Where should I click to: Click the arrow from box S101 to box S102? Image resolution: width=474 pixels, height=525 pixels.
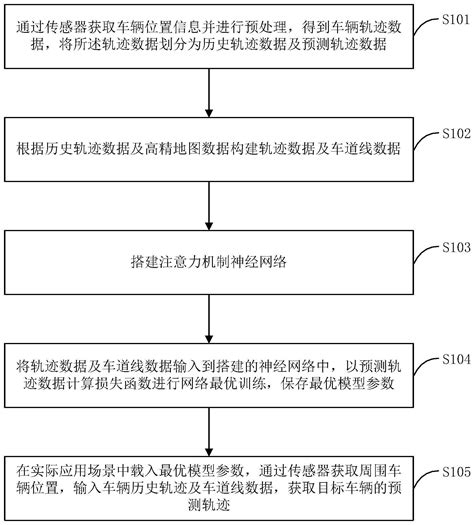[x=209, y=91]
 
